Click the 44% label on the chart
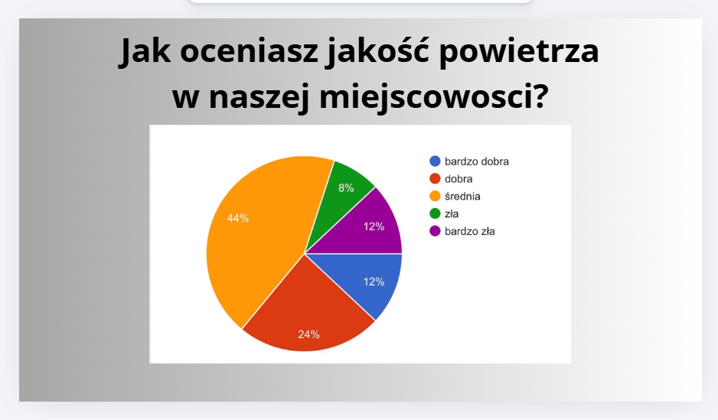click(x=238, y=218)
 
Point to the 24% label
click(x=308, y=334)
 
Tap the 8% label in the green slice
click(x=346, y=187)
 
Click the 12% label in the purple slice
click(x=374, y=226)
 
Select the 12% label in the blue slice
click(x=374, y=282)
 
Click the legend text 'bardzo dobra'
click(x=477, y=161)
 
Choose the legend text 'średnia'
click(x=462, y=197)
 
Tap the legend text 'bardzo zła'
click(x=470, y=231)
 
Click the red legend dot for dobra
click(x=435, y=179)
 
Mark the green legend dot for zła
click(x=435, y=213)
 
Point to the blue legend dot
click(x=435, y=161)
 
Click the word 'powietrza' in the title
click(x=519, y=51)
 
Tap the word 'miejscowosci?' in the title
click(x=434, y=97)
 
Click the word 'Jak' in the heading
click(x=145, y=51)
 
